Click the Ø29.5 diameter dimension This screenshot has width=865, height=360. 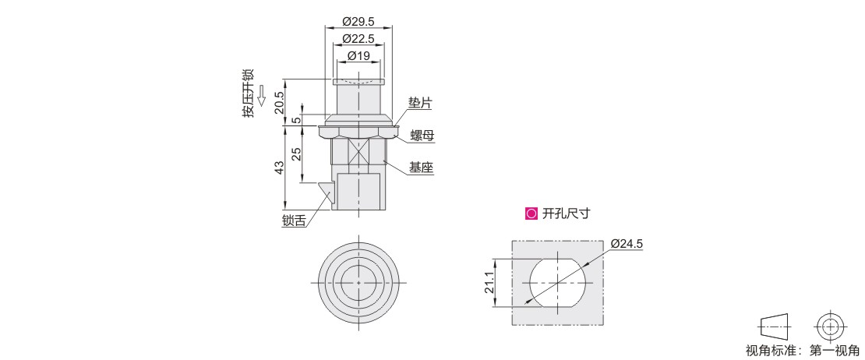click(x=358, y=22)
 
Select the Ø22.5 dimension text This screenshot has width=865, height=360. click(x=358, y=39)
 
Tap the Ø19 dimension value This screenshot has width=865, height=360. click(x=358, y=55)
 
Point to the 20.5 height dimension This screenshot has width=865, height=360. click(x=280, y=102)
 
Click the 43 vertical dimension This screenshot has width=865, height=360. click(x=280, y=168)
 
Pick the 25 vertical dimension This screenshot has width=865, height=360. click(x=296, y=154)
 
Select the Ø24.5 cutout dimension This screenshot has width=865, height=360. click(x=627, y=244)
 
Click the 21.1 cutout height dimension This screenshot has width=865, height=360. click(x=489, y=282)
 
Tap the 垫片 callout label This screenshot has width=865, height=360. click(x=420, y=103)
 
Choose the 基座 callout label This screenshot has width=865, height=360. click(x=421, y=168)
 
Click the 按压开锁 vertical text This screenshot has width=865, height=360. click(x=248, y=93)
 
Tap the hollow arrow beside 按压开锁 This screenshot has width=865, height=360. click(x=262, y=95)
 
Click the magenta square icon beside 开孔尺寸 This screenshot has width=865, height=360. click(x=531, y=214)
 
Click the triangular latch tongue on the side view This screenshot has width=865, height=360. click(x=328, y=191)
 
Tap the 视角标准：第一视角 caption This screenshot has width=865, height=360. click(x=803, y=350)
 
